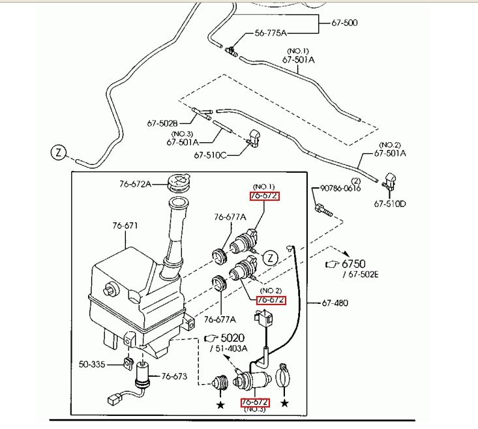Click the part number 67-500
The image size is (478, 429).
pyautogui.click(x=344, y=23)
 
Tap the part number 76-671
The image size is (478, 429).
pyautogui.click(x=125, y=226)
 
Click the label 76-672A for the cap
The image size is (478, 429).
pyautogui.click(x=135, y=184)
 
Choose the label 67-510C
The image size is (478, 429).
pyautogui.click(x=210, y=155)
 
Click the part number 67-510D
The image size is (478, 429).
pyautogui.click(x=390, y=203)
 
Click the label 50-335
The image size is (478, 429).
pyautogui.click(x=93, y=363)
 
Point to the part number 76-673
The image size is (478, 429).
pyautogui.click(x=174, y=376)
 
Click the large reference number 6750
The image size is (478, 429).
pyautogui.click(x=354, y=263)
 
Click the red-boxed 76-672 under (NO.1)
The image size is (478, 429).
pyautogui.click(x=265, y=196)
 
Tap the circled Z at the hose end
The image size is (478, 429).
pyautogui.click(x=59, y=153)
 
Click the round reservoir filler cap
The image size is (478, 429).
pyautogui.click(x=179, y=182)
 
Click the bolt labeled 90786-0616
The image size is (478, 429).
pyautogui.click(x=323, y=211)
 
